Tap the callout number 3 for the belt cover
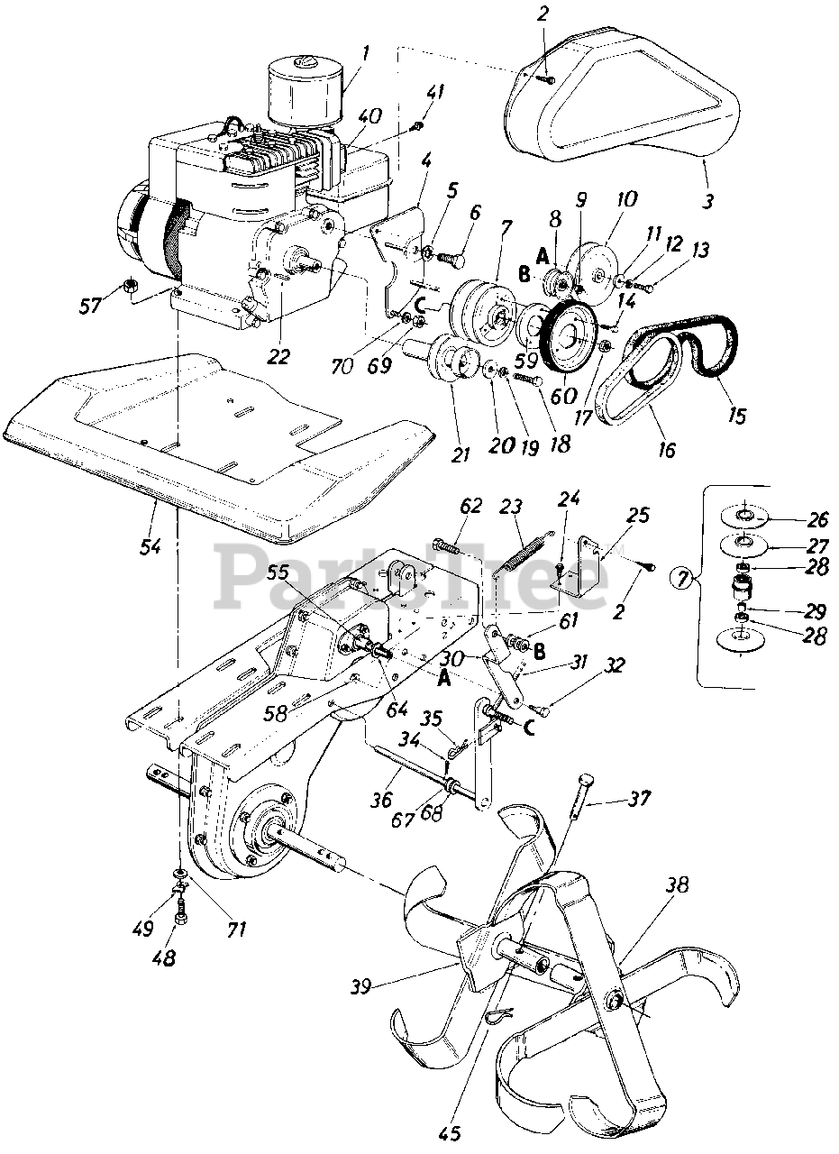(x=710, y=202)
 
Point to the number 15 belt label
(x=736, y=416)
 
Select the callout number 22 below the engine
(x=279, y=356)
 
